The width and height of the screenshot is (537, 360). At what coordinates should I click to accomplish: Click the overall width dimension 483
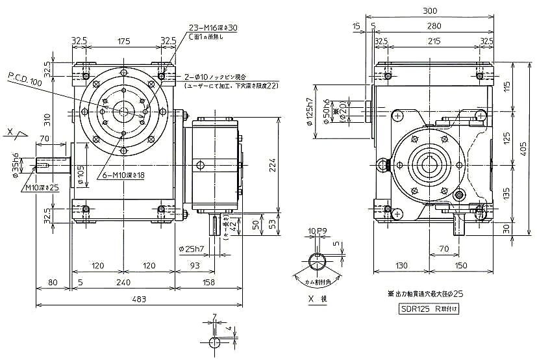point(138,300)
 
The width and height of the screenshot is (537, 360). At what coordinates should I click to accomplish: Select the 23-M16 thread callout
point(212,28)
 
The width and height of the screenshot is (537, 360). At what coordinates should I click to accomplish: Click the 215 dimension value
point(430,40)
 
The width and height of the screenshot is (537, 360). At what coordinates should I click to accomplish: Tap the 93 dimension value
point(194,266)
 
